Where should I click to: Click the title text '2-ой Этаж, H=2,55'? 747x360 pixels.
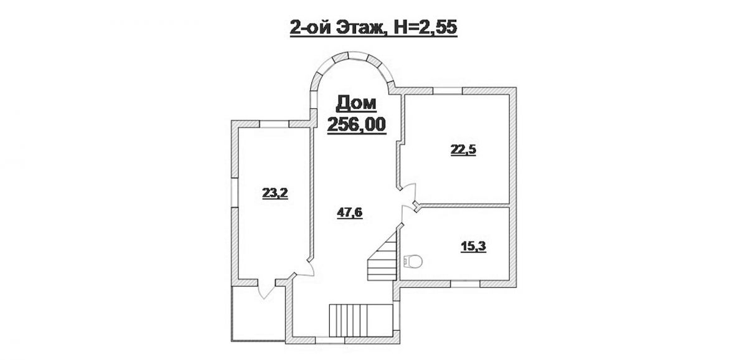[373, 27]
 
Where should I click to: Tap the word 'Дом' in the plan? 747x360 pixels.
[356, 103]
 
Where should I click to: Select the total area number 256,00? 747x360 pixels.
[357, 125]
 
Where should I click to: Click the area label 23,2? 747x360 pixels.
[275, 193]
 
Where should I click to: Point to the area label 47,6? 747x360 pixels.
[349, 212]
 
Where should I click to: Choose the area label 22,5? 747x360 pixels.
[464, 150]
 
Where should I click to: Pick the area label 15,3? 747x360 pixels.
[473, 247]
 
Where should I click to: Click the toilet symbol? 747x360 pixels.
[413, 261]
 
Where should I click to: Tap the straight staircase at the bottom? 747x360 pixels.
[361, 321]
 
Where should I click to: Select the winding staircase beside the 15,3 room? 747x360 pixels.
[382, 256]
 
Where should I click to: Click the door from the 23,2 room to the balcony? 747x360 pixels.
[266, 290]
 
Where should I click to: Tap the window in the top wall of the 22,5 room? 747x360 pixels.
[448, 90]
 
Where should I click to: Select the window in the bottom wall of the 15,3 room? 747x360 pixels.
[465, 284]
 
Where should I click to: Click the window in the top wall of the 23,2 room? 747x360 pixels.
[274, 124]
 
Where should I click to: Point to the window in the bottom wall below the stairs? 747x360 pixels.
[330, 341]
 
